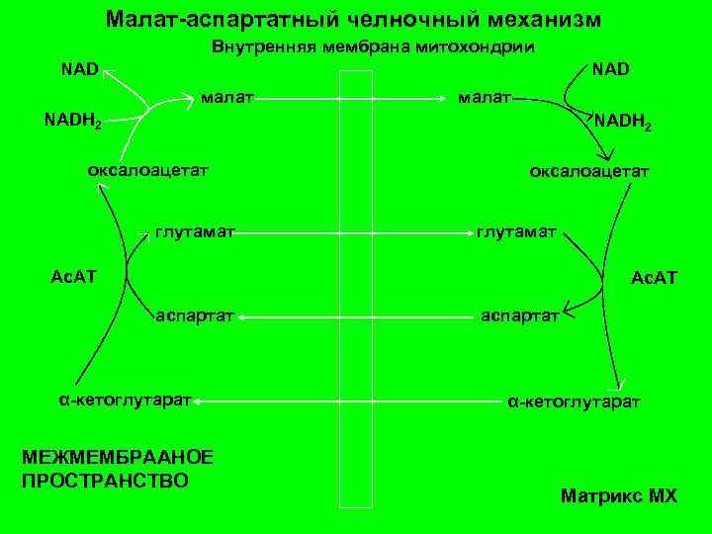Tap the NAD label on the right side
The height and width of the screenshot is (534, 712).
611,70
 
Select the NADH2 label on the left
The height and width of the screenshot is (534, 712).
74,123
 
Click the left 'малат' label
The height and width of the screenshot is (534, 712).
227,98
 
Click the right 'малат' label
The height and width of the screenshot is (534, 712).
483,98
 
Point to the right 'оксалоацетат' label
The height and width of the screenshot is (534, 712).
589,171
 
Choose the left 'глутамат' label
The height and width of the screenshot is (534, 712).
194,233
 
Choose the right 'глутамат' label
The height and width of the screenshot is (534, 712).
516,233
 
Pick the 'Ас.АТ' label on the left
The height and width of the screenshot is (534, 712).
73,274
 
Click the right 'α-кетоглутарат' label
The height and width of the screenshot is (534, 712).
574,402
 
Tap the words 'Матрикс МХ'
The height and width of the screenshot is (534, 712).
618,495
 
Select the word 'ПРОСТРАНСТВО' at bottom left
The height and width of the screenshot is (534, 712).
104,480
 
